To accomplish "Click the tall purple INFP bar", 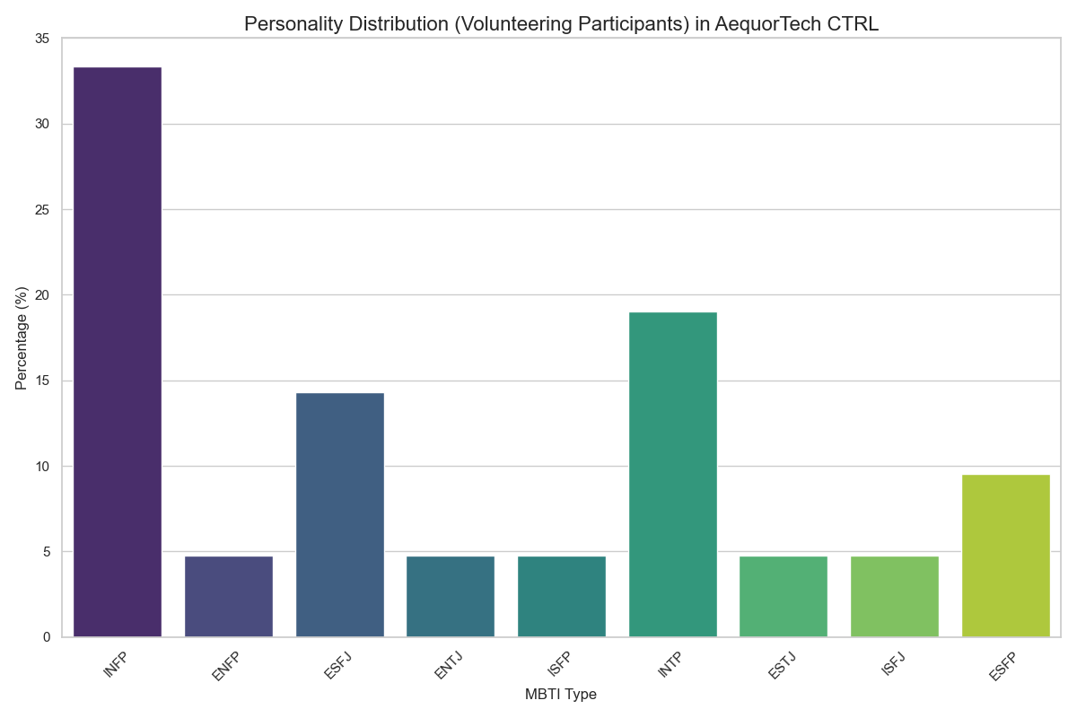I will tap(118, 352).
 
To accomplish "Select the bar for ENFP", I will tap(229, 597).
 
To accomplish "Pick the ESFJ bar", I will tap(340, 515).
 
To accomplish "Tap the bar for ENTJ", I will tap(451, 597).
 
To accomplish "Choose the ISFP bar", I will tap(562, 597).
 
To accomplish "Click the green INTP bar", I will tap(673, 475).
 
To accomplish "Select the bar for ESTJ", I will tap(784, 597).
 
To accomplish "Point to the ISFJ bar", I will tap(895, 597).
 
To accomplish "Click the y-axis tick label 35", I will tap(43, 39).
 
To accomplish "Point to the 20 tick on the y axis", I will tap(43, 295).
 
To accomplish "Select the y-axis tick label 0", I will tap(47, 637).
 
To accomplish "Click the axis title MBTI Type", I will tap(561, 695).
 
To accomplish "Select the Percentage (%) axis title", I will tap(22, 337).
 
